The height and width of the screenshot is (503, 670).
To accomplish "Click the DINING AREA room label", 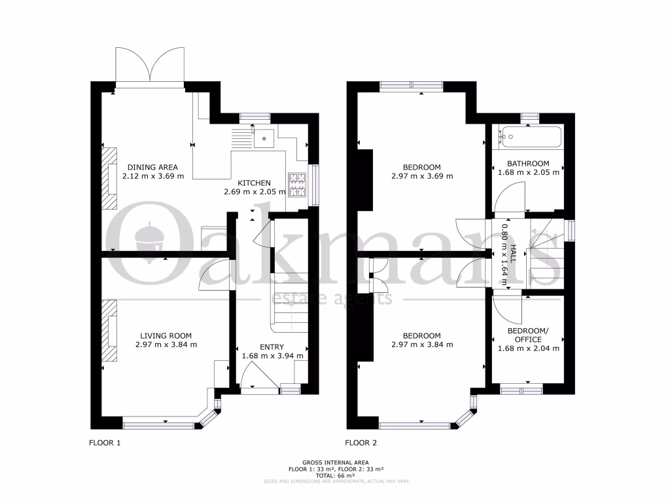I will point(152,167).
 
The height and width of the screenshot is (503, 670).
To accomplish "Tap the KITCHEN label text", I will point(253,183).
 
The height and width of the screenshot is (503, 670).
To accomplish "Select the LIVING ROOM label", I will point(166,335).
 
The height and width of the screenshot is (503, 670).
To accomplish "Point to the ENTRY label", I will point(272,346).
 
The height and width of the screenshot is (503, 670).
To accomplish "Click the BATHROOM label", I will point(528,163).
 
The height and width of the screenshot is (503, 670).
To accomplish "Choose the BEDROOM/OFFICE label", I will point(524,335).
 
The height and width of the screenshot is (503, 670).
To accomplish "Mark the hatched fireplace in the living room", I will point(109,330).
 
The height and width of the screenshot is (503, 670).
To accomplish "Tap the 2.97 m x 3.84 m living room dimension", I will point(166,345).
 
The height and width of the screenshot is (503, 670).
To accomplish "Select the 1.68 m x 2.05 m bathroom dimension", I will point(528,172).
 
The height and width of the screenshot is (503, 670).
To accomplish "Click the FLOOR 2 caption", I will point(361,443).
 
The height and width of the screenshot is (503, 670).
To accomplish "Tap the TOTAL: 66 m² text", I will point(336,475).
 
